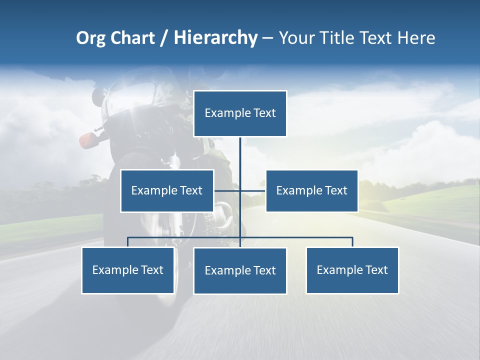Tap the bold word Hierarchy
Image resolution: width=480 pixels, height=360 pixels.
pos(215,38)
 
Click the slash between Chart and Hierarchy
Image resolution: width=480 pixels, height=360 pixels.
pos(164,38)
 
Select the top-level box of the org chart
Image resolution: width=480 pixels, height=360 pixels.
pos(240,113)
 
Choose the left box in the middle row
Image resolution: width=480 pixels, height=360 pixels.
pos(167,190)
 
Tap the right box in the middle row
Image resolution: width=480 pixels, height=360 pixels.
pos(311,190)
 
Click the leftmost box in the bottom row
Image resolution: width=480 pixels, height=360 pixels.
pos(127,270)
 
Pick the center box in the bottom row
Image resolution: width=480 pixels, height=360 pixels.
pos(240,270)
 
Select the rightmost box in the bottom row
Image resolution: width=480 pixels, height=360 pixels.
pos(352,270)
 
